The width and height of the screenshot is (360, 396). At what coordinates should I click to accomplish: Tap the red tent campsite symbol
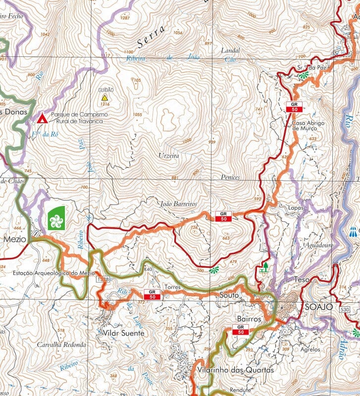[x=43, y=118]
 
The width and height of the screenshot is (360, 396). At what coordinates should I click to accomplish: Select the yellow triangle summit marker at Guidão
[x=104, y=98]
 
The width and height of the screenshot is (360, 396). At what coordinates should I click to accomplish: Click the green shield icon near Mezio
[x=57, y=217]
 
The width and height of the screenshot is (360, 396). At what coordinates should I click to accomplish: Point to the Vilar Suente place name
[x=123, y=333]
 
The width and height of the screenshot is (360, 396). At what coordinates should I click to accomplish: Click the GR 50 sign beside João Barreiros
[x=223, y=216]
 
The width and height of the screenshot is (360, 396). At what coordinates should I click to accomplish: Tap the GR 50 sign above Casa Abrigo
[x=294, y=106]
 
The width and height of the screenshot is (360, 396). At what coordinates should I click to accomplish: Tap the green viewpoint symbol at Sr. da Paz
[x=303, y=75]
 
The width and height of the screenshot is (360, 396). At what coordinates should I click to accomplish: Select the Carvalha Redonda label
[x=61, y=345]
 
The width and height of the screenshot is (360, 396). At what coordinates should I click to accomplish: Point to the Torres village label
[x=170, y=287]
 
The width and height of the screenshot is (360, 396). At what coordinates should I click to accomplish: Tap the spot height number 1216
[x=104, y=104]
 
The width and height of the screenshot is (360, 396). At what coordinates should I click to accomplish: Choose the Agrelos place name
[x=310, y=349]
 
